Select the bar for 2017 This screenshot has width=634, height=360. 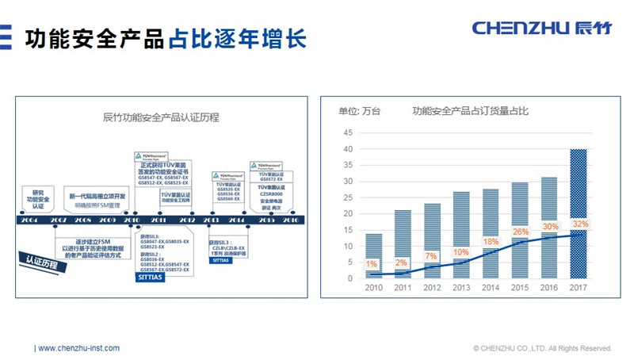coord(579,213)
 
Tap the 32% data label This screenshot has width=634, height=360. coord(581,224)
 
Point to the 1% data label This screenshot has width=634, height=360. coord(372,264)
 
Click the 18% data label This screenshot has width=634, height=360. coord(491,242)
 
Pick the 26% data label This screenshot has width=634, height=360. coord(521,232)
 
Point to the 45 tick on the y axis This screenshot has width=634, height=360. coord(347,132)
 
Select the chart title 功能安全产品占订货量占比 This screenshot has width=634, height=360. coord(469,111)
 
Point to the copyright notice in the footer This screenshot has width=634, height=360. coord(542,348)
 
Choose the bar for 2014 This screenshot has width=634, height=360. coord(491,233)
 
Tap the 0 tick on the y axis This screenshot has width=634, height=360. coord(349,278)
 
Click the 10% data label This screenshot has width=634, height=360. coord(461,252)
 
